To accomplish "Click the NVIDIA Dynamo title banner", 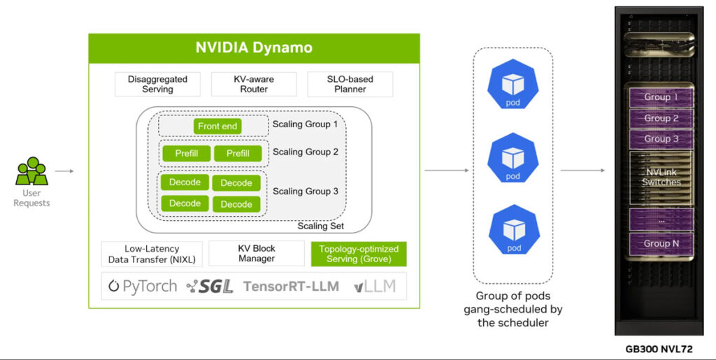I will point(254,48).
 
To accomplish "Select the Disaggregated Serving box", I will point(157,84).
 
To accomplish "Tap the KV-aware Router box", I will point(254,84).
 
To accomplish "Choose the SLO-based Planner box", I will point(350,84).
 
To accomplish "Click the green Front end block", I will point(217,126).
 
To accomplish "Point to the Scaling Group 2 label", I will point(305,152).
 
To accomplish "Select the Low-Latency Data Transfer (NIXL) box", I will point(152,254).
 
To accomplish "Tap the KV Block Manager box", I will point(254,254).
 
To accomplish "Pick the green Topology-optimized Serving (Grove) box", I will point(358,254).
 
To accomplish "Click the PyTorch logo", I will point(143,286).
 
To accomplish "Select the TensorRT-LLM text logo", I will point(292,286).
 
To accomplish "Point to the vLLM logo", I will point(375,286).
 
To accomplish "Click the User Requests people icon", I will point(31,171).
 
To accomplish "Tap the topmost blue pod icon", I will point(513,87).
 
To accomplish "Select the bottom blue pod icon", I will point(513,229).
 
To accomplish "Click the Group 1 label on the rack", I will point(661,97).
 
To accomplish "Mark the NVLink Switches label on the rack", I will point(661,177).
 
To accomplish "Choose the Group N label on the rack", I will point(661,243).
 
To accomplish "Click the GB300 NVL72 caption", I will point(659,348).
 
